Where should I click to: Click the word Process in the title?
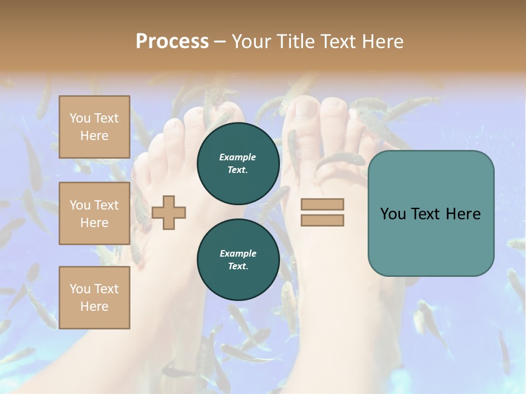[x=172, y=42]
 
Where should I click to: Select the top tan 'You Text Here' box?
[x=94, y=127]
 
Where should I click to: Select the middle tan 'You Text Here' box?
[x=94, y=213]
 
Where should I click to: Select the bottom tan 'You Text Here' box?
[x=94, y=297]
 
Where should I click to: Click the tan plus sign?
[x=169, y=213]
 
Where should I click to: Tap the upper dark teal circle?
[x=238, y=163]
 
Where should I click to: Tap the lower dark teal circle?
[x=238, y=259]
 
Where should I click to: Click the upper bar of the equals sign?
[x=322, y=205]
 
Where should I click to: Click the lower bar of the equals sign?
[x=322, y=221]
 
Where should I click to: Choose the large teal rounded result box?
[x=431, y=213]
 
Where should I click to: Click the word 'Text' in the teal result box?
[x=431, y=214]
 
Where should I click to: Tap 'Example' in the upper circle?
[x=237, y=157]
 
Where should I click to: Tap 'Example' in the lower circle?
[x=238, y=253]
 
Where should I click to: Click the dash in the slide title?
[x=220, y=42]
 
